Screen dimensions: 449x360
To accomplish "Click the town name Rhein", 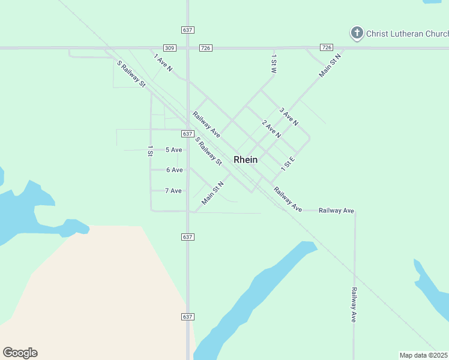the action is [246, 160].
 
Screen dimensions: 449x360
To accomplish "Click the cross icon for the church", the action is [357, 32].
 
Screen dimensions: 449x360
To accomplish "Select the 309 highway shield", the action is [169, 47].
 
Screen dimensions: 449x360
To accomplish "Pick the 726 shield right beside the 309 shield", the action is [206, 47].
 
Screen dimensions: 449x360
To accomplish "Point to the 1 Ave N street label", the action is [163, 63].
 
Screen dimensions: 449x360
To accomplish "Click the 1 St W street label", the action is [274, 64].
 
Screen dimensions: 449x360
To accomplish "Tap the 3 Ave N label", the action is [289, 116].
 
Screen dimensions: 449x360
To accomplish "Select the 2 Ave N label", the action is [271, 128].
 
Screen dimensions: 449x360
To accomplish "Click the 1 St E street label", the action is [289, 163].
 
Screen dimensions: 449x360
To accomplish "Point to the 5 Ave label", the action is [173, 149].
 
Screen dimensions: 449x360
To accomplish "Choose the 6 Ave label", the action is [174, 170].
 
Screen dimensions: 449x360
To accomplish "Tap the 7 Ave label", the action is [173, 191].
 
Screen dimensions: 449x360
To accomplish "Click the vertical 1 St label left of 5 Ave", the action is [150, 151].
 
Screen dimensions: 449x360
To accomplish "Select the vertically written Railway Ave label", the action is [354, 305].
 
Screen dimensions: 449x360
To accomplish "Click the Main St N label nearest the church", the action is [330, 65].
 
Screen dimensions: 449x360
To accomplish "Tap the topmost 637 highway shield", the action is [187, 29].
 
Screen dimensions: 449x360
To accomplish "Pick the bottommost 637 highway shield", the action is [187, 316].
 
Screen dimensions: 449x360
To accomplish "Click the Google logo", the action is [20, 353].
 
